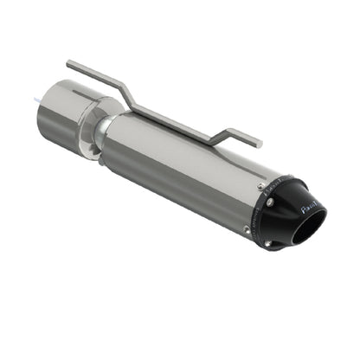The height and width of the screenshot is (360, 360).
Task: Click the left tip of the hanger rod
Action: coord(69,63)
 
